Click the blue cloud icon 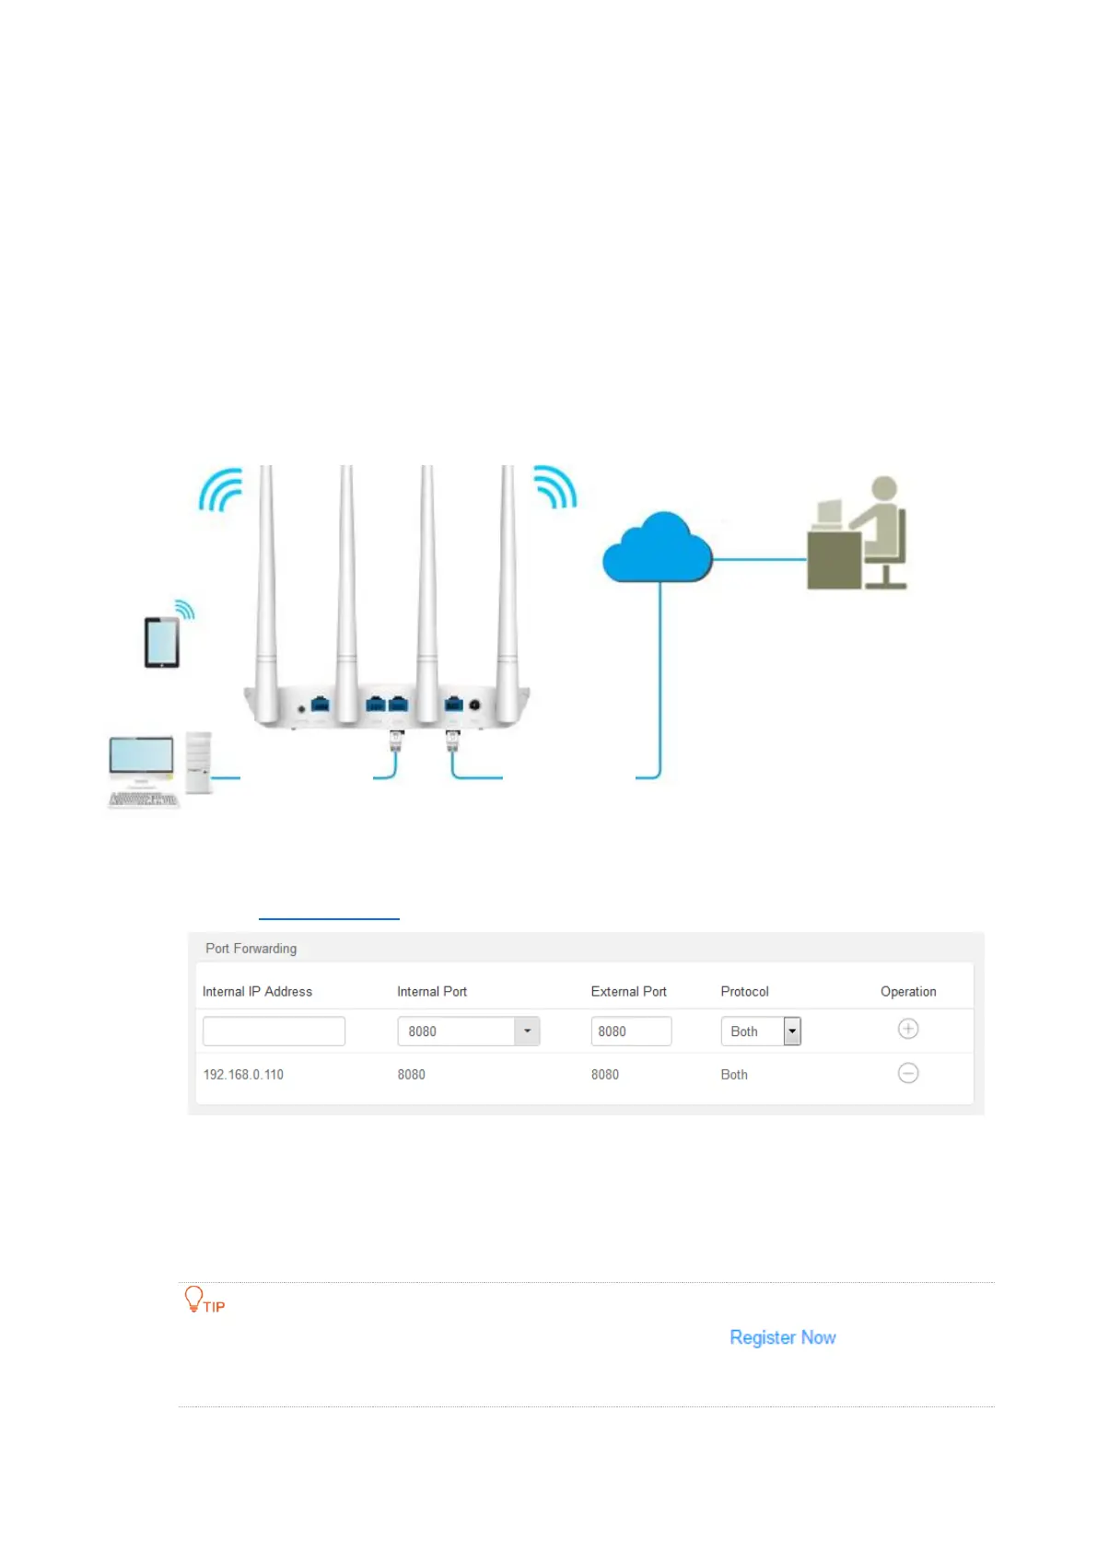[657, 549]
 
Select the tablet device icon [162, 641]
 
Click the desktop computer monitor [141, 758]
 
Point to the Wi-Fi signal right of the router [555, 486]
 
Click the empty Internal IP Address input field [274, 1032]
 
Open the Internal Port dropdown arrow [527, 1032]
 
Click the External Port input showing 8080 [631, 1032]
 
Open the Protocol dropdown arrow [792, 1032]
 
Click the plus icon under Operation [908, 1029]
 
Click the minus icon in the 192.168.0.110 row [908, 1073]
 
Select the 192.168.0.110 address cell [243, 1075]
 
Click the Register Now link [783, 1337]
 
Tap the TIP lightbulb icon [193, 1299]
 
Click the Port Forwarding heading [251, 949]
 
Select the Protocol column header [744, 992]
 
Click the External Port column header [628, 992]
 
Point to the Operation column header [908, 992]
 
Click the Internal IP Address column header [257, 992]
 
